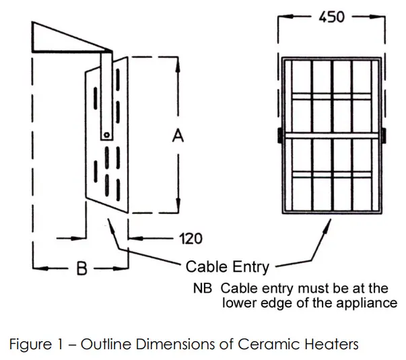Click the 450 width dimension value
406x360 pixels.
coord(331,16)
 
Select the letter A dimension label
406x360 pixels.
coord(178,136)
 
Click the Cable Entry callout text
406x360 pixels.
coord(227,266)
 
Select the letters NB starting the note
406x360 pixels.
coord(203,288)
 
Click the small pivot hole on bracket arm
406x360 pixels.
coord(106,134)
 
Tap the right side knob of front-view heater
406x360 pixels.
coord(384,135)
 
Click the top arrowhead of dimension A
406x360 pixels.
coord(178,63)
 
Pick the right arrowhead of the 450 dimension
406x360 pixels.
coord(381,17)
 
